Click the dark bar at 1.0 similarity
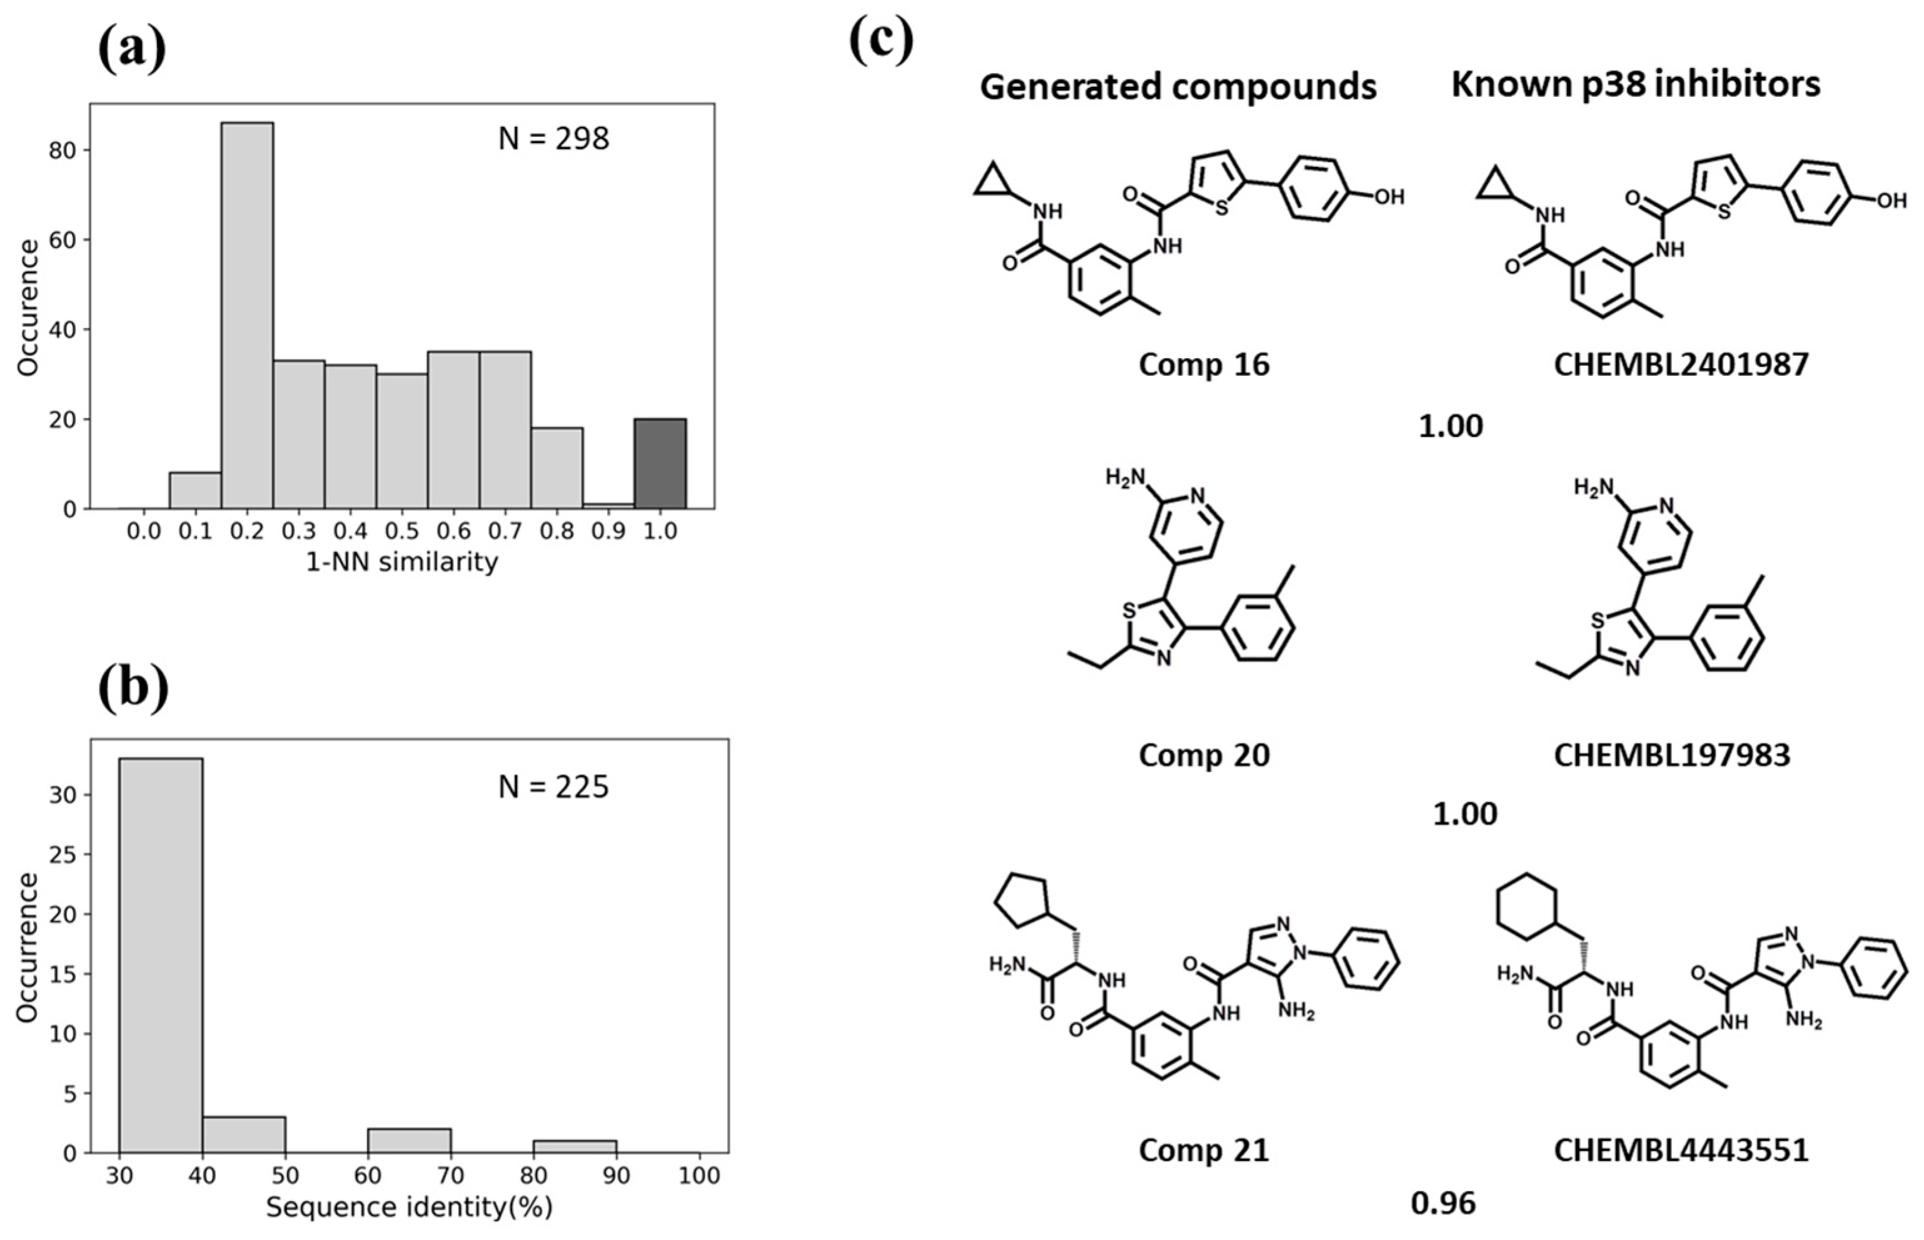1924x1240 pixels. pyautogui.click(x=660, y=464)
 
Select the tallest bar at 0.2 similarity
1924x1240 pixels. pyautogui.click(x=247, y=316)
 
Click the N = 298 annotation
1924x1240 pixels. pyautogui.click(x=553, y=139)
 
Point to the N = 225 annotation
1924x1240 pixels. pyautogui.click(x=553, y=787)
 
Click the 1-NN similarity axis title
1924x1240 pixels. pyautogui.click(x=402, y=561)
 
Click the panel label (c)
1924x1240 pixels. pyautogui.click(x=881, y=40)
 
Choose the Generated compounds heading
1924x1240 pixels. pyautogui.click(x=1177, y=86)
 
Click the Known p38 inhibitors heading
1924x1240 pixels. pyautogui.click(x=1635, y=83)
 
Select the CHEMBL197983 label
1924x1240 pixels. pyautogui.click(x=1671, y=754)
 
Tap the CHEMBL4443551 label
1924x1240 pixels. pyautogui.click(x=1681, y=1150)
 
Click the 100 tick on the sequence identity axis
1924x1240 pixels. pyautogui.click(x=699, y=1176)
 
